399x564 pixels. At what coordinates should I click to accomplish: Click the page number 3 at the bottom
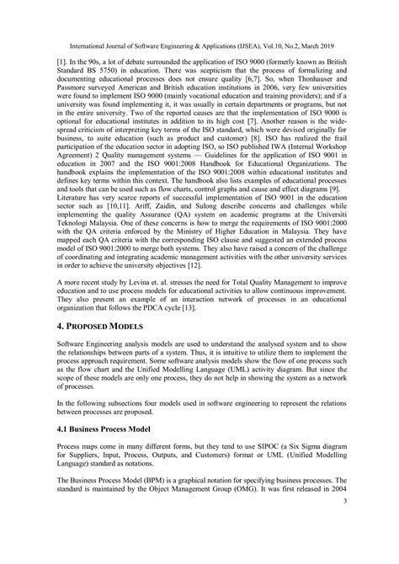coord(368,548)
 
